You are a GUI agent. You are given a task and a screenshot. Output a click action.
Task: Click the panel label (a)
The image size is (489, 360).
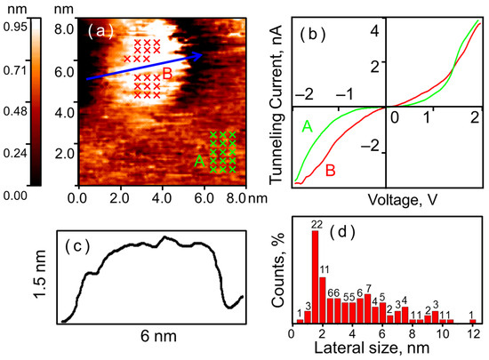tap(100, 31)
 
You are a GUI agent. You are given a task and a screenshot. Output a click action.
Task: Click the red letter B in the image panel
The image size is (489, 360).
tap(167, 74)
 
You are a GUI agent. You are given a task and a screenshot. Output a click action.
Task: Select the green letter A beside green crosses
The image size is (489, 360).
tap(199, 161)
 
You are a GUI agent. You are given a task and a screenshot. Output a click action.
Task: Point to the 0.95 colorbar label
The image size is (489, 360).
tap(15, 27)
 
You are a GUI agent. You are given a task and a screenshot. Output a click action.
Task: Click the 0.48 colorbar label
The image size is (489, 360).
tap(15, 111)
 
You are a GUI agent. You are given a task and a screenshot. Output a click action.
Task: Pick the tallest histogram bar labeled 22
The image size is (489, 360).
tap(316, 276)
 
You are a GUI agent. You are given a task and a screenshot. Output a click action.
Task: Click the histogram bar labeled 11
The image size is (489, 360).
tap(323, 300)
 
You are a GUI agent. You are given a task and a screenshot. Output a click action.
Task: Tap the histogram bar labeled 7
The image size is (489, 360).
tap(368, 308)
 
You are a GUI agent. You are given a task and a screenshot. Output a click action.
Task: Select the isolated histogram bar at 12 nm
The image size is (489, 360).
tap(473, 321)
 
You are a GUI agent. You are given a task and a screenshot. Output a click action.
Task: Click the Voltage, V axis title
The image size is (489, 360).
tap(403, 200)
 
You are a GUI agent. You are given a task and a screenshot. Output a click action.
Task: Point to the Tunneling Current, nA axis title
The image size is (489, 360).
tap(276, 104)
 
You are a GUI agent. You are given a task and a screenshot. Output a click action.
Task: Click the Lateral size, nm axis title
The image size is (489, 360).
tap(372, 348)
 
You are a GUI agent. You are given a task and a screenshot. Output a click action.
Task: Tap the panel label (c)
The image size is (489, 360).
tap(77, 246)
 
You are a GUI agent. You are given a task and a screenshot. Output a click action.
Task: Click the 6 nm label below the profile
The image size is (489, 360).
tap(158, 336)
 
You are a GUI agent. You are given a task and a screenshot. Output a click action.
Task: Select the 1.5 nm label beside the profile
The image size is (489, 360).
tap(40, 275)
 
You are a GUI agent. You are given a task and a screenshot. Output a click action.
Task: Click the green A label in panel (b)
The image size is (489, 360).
tap(308, 126)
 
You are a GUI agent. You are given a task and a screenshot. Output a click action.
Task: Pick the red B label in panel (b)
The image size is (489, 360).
tap(331, 171)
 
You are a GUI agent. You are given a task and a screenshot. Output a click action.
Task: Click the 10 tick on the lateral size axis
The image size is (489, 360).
tap(443, 334)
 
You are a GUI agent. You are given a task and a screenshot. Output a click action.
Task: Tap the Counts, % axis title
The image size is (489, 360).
tap(279, 270)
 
